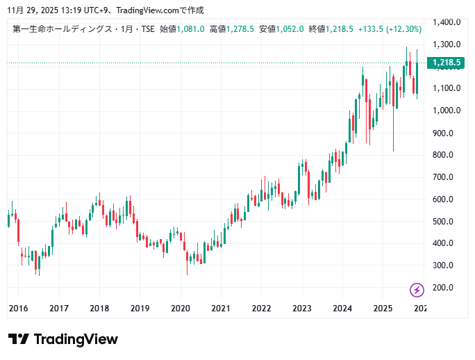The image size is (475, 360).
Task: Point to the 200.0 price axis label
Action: click(449, 288)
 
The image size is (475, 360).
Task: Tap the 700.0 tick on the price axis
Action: click(449, 177)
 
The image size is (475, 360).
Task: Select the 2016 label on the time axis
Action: click(18, 308)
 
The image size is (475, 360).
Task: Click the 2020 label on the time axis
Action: click(181, 308)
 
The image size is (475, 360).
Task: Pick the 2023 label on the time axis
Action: click(301, 308)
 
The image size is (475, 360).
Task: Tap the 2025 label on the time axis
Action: click(383, 308)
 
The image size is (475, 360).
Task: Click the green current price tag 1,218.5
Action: click(446, 63)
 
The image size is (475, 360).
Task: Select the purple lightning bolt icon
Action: click(417, 290)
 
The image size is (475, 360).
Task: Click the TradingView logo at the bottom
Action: click(63, 339)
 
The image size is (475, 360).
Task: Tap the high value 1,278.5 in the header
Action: click(240, 29)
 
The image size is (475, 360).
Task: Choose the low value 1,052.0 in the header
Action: click(289, 29)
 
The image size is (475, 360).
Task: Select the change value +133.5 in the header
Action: click(367, 29)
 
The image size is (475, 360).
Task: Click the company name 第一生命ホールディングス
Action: click(62, 29)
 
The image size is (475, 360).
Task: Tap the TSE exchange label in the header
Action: click(147, 29)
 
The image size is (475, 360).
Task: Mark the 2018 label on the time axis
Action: click(99, 308)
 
